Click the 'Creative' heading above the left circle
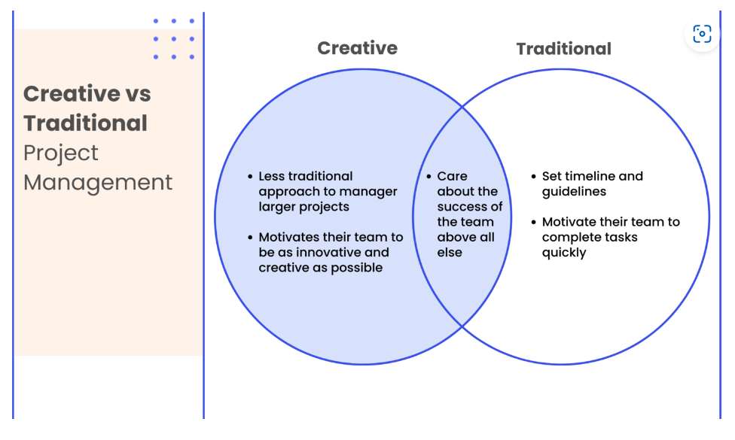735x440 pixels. point(357,47)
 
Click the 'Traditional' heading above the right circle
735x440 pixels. point(563,49)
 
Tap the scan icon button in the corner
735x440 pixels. point(702,34)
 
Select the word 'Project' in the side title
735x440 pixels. point(61,153)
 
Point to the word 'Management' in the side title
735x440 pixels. point(98,183)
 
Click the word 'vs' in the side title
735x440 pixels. point(139,94)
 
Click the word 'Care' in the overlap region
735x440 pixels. point(453,176)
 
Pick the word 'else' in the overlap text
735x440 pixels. point(450,252)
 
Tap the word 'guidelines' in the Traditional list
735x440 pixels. point(574,192)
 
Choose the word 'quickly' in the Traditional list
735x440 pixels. point(564,253)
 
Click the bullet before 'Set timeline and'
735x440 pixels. point(533,177)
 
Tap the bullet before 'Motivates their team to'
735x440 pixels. point(250,238)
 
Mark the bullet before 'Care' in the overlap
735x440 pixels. point(428,177)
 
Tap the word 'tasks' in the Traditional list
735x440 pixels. point(621,238)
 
